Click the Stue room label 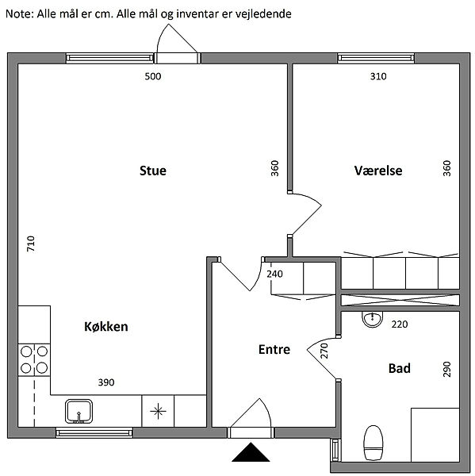[153, 171]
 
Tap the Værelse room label [378, 171]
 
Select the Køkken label [106, 326]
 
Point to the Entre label [274, 349]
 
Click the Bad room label [400, 368]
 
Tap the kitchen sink [79, 411]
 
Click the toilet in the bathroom [373, 443]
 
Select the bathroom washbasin [372, 320]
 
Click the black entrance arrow [251, 452]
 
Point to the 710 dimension [31, 244]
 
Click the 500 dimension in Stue [153, 76]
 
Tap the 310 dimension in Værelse [378, 76]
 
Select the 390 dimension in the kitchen [106, 382]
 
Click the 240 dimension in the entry [274, 274]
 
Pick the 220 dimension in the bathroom [400, 324]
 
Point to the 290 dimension [446, 369]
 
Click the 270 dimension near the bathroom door [324, 351]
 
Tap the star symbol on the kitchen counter [158, 411]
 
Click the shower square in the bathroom [435, 435]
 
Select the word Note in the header [20, 13]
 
